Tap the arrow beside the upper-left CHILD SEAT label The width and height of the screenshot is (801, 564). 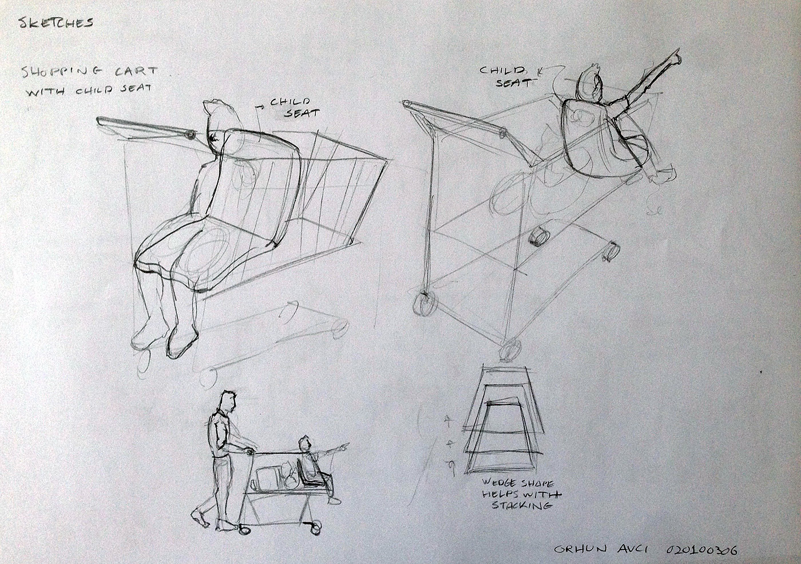click(260, 107)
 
